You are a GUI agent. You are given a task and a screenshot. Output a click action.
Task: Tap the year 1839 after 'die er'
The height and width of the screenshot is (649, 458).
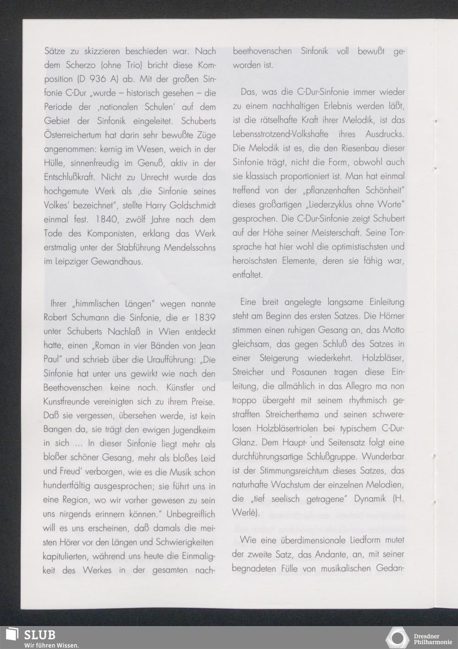click(203, 317)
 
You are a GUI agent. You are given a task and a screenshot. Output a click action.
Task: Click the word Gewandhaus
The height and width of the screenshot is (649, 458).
click(118, 262)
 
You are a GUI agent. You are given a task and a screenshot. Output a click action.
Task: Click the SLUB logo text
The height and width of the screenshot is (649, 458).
click(39, 635)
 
